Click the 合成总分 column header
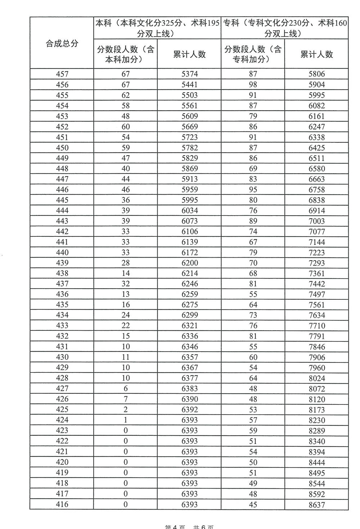tap(62, 44)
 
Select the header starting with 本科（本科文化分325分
tap(157, 28)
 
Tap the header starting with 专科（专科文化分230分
tap(284, 28)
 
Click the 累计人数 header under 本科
tap(189, 54)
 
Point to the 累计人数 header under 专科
tap(316, 54)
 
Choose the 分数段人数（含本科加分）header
tap(126, 54)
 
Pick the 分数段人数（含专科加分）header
tap(253, 54)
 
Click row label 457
tap(62, 74)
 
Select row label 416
tap(62, 505)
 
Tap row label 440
tap(62, 252)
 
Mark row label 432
tap(62, 336)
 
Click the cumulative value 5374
tap(190, 74)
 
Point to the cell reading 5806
tap(317, 74)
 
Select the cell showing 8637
tap(317, 505)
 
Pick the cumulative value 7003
tap(317, 221)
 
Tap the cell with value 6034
tap(190, 211)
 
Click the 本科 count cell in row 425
tap(125, 410)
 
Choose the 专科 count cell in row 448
tap(253, 168)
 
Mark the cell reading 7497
tap(317, 294)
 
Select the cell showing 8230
tap(317, 420)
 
